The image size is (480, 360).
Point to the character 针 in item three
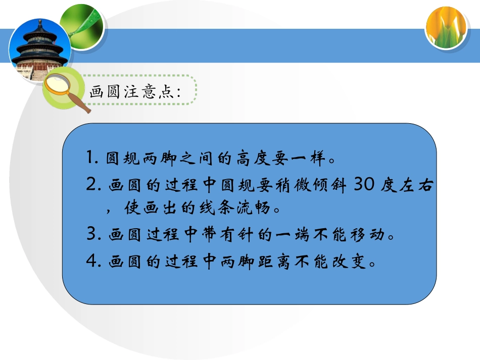tap(251, 235)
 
